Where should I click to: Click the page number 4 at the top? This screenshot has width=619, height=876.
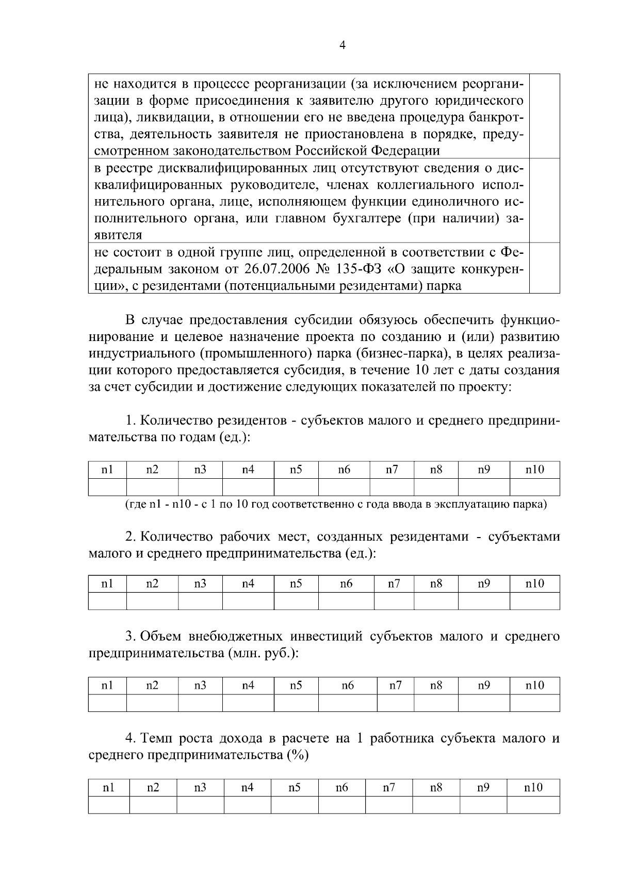[343, 45]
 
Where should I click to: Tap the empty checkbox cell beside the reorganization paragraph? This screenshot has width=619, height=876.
[545, 116]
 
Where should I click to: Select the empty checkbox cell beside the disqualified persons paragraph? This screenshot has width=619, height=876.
[545, 200]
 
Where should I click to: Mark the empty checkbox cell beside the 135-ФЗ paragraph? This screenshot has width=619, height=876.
[545, 268]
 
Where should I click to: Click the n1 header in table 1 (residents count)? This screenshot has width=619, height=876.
[107, 469]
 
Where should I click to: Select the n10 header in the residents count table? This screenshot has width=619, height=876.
[534, 469]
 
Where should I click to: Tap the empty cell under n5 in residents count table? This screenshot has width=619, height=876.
[296, 487]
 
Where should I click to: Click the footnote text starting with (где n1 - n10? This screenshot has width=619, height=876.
[336, 504]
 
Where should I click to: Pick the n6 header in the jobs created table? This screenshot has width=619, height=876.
[346, 583]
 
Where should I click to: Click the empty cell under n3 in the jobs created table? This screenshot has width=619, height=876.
[200, 601]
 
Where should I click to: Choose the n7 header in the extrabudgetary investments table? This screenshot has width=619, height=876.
[395, 685]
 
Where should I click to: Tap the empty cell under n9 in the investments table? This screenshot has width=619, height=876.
[483, 703]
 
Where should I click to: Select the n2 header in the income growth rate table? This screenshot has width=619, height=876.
[153, 787]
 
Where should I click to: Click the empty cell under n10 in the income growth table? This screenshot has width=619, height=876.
[533, 805]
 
